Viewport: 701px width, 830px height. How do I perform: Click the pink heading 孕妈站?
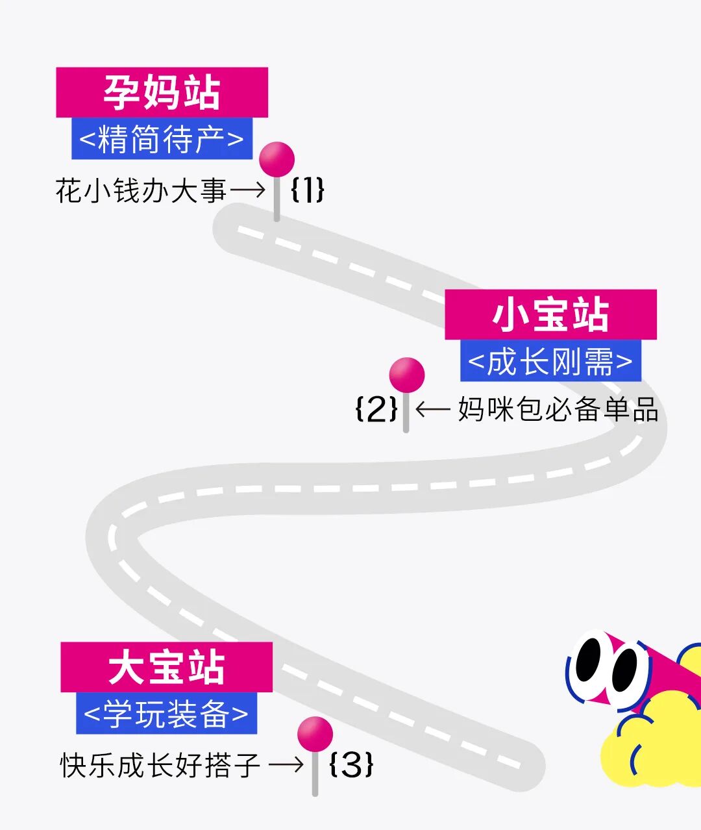[x=162, y=92]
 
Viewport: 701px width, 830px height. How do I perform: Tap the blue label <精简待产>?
[x=162, y=139]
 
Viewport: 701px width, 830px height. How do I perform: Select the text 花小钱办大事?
[x=141, y=191]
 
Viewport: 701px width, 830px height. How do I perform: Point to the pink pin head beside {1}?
[x=277, y=159]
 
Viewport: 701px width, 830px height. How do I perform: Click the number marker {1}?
[x=307, y=190]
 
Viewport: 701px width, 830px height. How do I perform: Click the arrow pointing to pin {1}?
[x=247, y=190]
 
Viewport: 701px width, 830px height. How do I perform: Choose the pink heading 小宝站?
[x=550, y=315]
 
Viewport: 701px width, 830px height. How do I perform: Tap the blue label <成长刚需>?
[x=550, y=361]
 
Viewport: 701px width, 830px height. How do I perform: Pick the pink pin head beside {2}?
[x=407, y=375]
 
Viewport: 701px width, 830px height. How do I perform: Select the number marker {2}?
[x=376, y=409]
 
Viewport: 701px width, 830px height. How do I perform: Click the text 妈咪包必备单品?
[x=558, y=409]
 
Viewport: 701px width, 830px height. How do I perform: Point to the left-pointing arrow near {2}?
[x=432, y=409]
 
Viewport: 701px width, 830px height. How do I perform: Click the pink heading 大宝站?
[x=166, y=668]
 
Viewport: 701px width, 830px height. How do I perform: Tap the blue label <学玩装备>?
[x=166, y=714]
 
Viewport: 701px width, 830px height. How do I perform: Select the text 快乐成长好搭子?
[x=160, y=765]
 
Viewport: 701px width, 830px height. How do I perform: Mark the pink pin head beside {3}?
[x=315, y=734]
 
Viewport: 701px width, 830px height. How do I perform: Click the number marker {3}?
[x=351, y=764]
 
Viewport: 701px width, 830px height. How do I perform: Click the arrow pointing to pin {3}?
[x=286, y=764]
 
